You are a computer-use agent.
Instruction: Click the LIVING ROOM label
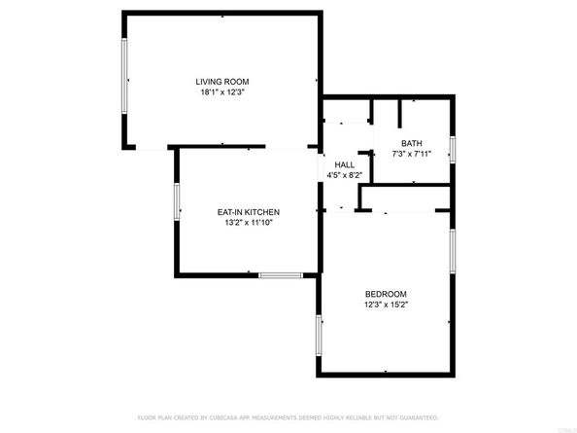coord(222,82)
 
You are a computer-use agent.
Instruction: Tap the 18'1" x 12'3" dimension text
coord(222,92)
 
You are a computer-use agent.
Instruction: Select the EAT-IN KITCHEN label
coord(249,212)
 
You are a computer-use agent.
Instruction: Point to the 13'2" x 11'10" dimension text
coord(249,223)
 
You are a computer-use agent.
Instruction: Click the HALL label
coord(345,164)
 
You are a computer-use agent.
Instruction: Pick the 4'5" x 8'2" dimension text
coord(345,175)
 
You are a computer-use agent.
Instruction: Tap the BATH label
coord(412,143)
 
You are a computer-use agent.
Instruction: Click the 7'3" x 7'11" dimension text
coord(412,154)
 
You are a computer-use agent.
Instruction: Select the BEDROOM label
coord(386,294)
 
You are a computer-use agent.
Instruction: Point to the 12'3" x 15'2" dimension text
coord(386,305)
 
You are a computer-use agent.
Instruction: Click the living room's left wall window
coord(124,76)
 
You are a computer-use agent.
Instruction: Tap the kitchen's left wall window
coord(177,201)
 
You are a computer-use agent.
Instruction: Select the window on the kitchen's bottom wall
coord(281,275)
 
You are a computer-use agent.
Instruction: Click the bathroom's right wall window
coord(453,150)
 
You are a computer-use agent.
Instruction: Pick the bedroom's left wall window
coord(319,336)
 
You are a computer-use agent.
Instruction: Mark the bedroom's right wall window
coord(453,251)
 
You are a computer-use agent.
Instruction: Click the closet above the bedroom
coord(406,198)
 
